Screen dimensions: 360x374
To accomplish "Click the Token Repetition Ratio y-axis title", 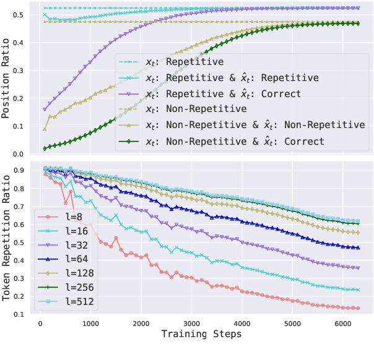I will point(7,238).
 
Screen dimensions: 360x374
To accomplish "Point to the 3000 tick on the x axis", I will point(193,322).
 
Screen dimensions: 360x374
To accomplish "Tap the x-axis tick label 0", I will point(40,322).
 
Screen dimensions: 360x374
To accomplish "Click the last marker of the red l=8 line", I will point(358,308).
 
